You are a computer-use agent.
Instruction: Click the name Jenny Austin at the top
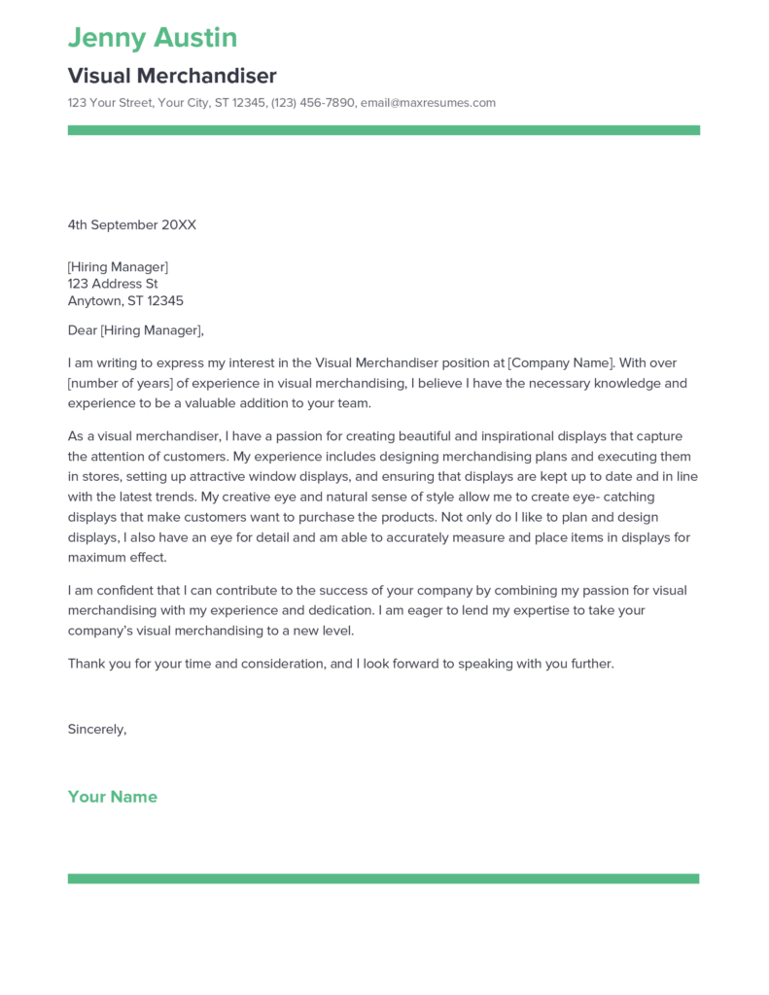click(153, 38)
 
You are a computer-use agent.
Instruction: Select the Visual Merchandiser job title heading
click(172, 76)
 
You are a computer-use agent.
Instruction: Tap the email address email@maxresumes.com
click(428, 103)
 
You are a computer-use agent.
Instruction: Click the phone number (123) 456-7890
click(312, 103)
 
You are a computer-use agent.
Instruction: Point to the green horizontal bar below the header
click(383, 130)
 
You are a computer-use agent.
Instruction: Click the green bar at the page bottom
click(383, 878)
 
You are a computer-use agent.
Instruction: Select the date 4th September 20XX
click(131, 224)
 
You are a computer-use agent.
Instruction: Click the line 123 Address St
click(112, 284)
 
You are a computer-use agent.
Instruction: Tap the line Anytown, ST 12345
click(125, 301)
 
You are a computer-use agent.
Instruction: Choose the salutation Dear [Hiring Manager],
click(136, 330)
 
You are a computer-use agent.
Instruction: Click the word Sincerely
click(96, 729)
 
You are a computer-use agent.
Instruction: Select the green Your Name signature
click(112, 797)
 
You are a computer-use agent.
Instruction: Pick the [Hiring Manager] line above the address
click(118, 266)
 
